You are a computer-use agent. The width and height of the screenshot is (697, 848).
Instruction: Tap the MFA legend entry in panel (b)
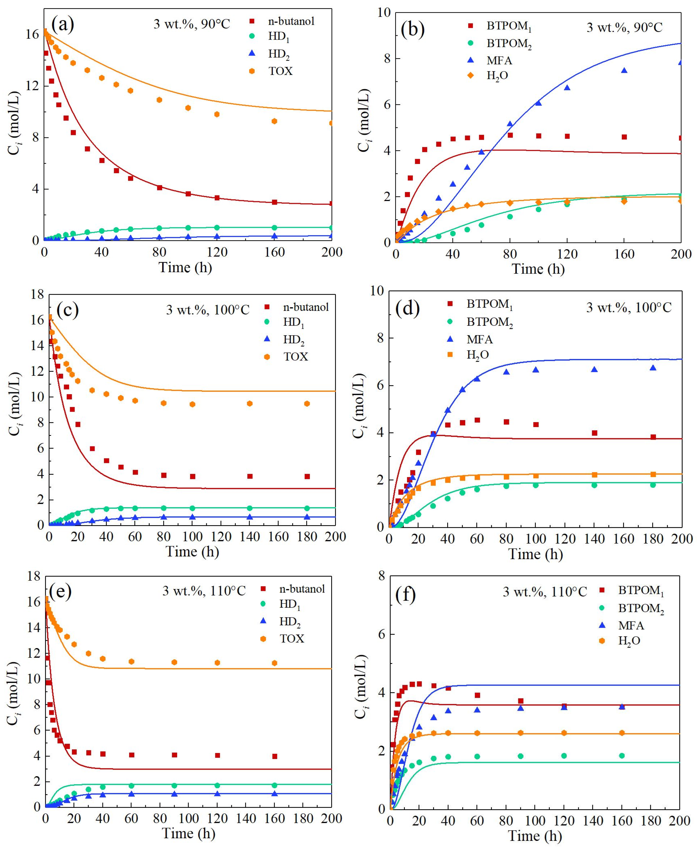click(499, 60)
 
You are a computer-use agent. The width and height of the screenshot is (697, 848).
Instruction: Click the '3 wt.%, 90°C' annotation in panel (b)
click(624, 27)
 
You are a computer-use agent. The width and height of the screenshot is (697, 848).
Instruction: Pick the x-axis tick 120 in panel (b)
click(567, 254)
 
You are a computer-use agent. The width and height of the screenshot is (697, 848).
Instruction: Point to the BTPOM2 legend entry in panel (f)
click(641, 609)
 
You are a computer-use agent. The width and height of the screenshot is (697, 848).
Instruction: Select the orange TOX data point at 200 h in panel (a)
click(331, 123)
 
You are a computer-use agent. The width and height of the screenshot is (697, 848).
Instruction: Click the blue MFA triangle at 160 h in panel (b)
click(624, 71)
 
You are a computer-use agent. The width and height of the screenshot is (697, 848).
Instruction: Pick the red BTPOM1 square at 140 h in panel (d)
click(595, 433)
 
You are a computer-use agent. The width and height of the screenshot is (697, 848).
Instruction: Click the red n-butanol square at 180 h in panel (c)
click(307, 477)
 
